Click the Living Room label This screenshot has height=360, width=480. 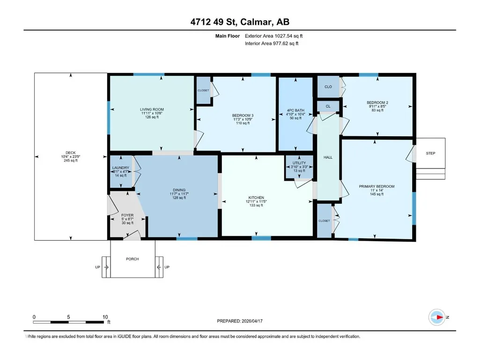tap(152, 109)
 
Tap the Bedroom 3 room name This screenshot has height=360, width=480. tap(243, 116)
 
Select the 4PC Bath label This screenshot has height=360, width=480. tap(295, 110)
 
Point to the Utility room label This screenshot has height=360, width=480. tap(299, 163)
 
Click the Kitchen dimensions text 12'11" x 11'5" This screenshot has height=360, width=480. tap(256, 201)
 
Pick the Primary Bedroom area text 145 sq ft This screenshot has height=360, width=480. tap(377, 194)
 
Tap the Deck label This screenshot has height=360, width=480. tap(70, 153)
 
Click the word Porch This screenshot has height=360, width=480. tap(133, 259)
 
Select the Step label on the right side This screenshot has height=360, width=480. tap(430, 153)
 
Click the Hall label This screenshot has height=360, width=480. tap(328, 157)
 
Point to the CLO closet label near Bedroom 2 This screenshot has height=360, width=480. tap(328, 87)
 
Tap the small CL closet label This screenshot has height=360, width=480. tap(328, 106)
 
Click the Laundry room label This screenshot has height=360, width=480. tap(121, 168)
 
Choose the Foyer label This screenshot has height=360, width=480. tap(127, 215)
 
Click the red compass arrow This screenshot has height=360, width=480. tap(440, 317)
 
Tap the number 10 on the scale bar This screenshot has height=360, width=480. tap(105, 317)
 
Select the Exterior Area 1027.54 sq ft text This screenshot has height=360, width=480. tap(273, 36)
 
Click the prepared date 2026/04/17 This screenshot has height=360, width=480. tap(252, 321)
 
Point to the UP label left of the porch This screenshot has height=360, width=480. tap(98, 267)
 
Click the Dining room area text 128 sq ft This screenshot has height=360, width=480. tap(179, 198)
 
